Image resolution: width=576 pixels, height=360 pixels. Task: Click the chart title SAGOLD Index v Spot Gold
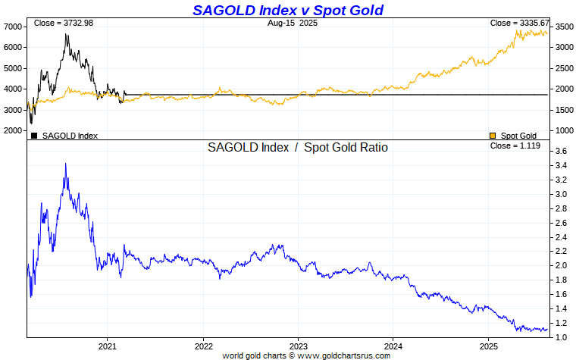point(288,10)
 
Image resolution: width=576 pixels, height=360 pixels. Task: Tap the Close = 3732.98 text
point(58,23)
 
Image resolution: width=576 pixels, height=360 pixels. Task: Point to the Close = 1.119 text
point(515,146)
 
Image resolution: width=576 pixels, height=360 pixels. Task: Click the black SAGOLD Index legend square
point(34,136)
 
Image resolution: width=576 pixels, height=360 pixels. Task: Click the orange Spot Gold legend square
point(493,136)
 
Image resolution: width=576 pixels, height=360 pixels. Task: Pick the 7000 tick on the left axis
point(14,27)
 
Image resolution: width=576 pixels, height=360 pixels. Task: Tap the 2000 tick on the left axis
point(14,131)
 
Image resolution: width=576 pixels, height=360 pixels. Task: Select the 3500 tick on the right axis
point(563,27)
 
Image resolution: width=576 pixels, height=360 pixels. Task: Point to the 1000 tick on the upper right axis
point(563,131)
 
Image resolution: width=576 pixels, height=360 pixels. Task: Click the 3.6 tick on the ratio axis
point(561,152)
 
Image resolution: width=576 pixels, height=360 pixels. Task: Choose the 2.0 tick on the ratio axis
point(561,265)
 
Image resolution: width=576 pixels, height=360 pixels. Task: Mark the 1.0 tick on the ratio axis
point(561,337)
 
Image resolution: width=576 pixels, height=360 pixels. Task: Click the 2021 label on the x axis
point(108,345)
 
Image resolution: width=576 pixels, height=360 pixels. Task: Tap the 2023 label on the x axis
point(298,345)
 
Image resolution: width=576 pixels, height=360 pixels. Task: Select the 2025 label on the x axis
point(488,345)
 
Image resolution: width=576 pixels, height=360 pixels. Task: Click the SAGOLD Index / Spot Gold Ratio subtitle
point(298,148)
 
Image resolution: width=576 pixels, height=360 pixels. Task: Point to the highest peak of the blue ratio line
point(65,164)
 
